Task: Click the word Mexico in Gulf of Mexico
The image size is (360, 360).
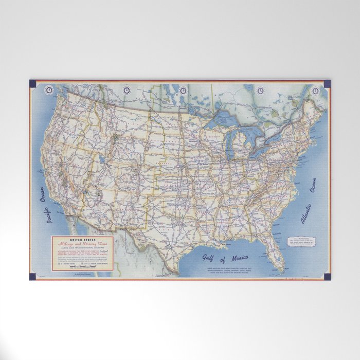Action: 237,257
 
